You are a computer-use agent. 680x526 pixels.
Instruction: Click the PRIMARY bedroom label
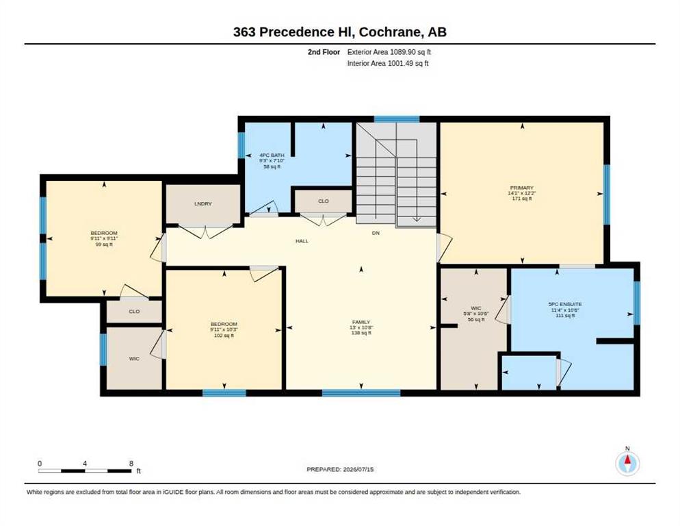point(522,188)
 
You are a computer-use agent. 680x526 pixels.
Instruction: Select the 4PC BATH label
point(272,155)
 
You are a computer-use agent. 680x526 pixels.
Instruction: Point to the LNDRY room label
point(203,203)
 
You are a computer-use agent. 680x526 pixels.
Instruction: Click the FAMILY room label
point(361,323)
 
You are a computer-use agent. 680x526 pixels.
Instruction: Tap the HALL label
point(302,241)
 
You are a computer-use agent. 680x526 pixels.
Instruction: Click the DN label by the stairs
point(376,234)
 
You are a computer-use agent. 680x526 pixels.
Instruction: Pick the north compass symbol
point(627,463)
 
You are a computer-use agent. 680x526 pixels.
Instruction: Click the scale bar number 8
point(131,464)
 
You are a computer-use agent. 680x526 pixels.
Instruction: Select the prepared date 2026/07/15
point(358,470)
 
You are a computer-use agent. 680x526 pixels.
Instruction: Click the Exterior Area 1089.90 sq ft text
point(389,52)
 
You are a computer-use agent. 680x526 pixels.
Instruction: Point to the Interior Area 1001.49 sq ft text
point(388,64)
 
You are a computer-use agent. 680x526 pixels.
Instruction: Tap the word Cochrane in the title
point(390,32)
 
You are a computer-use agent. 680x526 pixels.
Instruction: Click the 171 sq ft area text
point(522,199)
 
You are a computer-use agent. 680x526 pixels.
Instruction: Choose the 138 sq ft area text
point(361,333)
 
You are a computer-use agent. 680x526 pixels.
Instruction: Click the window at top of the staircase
point(397,119)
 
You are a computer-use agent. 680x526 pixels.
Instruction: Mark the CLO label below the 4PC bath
point(324,201)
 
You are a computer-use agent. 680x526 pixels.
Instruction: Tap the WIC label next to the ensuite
point(475,308)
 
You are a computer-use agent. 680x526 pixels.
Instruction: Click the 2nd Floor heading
point(324,52)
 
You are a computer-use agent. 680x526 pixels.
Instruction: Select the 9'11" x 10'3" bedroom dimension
point(224,329)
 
